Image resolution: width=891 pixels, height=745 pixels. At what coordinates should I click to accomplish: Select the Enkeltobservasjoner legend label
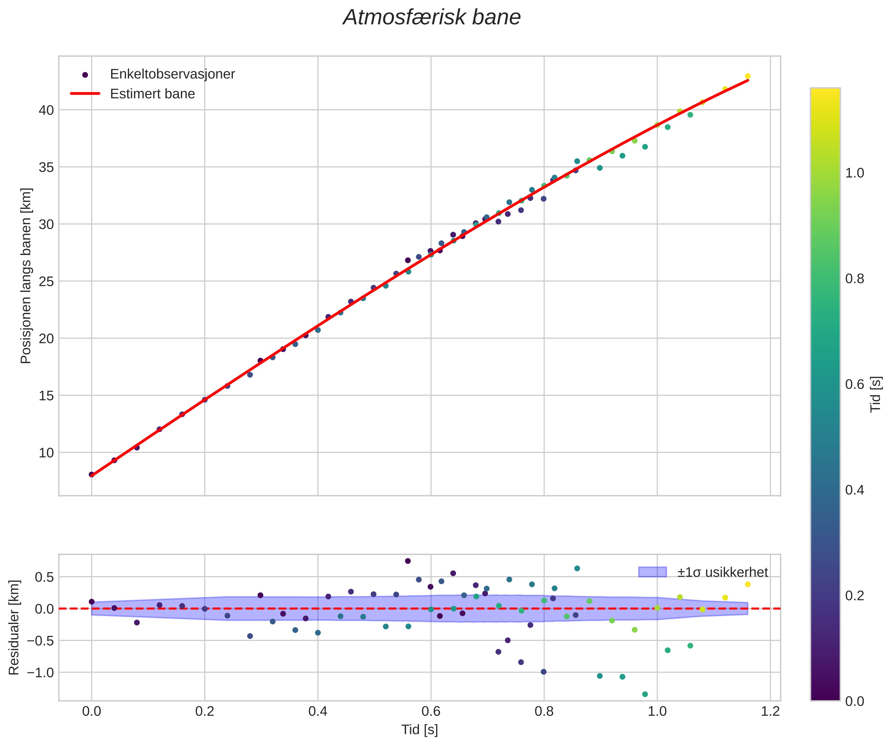tap(172, 74)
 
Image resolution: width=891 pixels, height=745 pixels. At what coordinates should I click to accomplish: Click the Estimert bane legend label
tap(152, 94)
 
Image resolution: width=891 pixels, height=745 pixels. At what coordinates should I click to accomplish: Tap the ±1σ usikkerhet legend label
tap(722, 573)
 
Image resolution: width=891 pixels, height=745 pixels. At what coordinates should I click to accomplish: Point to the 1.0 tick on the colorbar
tap(854, 173)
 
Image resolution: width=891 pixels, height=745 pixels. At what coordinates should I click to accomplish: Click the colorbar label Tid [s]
tap(876, 394)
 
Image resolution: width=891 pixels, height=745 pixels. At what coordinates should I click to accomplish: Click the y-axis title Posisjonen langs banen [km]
tap(26, 276)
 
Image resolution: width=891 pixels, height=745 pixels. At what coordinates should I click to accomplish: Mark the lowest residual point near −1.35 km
tap(645, 694)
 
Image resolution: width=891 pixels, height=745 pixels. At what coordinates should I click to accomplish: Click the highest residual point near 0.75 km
tap(408, 561)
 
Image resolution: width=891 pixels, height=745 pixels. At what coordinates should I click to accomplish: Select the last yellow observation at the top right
tap(748, 76)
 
